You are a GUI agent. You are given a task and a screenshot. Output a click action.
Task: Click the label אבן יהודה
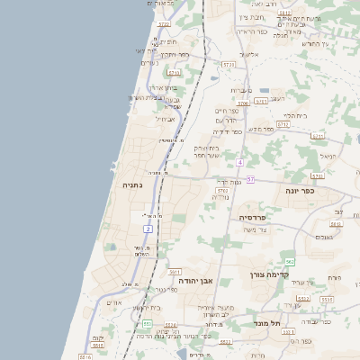[x=184, y=281]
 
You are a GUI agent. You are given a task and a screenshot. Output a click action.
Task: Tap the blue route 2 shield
[x=148, y=229]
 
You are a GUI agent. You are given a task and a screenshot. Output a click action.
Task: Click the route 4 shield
[x=240, y=163]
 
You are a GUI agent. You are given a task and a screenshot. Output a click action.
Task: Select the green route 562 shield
[x=289, y=261]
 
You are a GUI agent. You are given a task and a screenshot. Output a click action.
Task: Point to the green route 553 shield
[x=147, y=323]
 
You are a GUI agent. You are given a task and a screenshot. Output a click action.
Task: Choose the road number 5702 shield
[x=222, y=192]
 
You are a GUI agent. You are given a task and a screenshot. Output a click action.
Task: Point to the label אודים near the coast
[x=113, y=301]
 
